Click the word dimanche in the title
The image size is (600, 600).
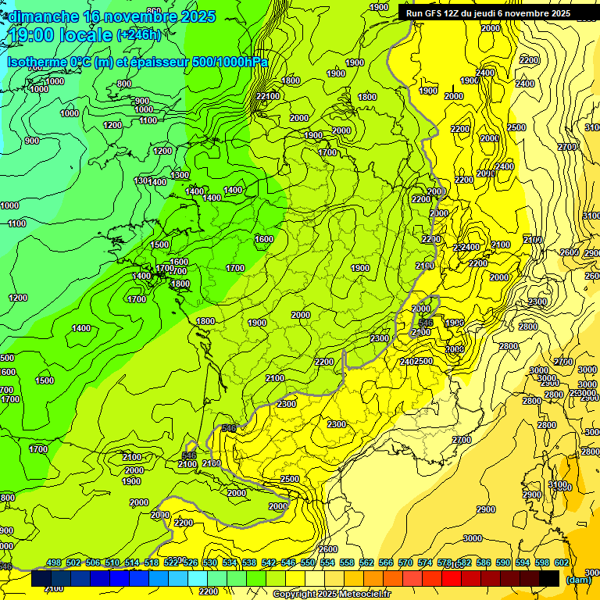pyautogui.click(x=43, y=16)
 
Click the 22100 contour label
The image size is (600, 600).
pyautogui.click(x=267, y=96)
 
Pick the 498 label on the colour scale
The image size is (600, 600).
pyautogui.click(x=54, y=562)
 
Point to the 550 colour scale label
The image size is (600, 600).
pyautogui.click(x=308, y=562)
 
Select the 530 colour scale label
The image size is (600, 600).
pyautogui.click(x=210, y=562)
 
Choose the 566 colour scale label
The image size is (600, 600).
pyautogui.click(x=386, y=562)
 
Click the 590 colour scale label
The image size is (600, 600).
pyautogui.click(x=503, y=562)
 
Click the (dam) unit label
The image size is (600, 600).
pyautogui.click(x=579, y=579)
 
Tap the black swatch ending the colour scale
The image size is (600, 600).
pyautogui.click(x=549, y=578)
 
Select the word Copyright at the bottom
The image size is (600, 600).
pyautogui.click(x=295, y=595)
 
